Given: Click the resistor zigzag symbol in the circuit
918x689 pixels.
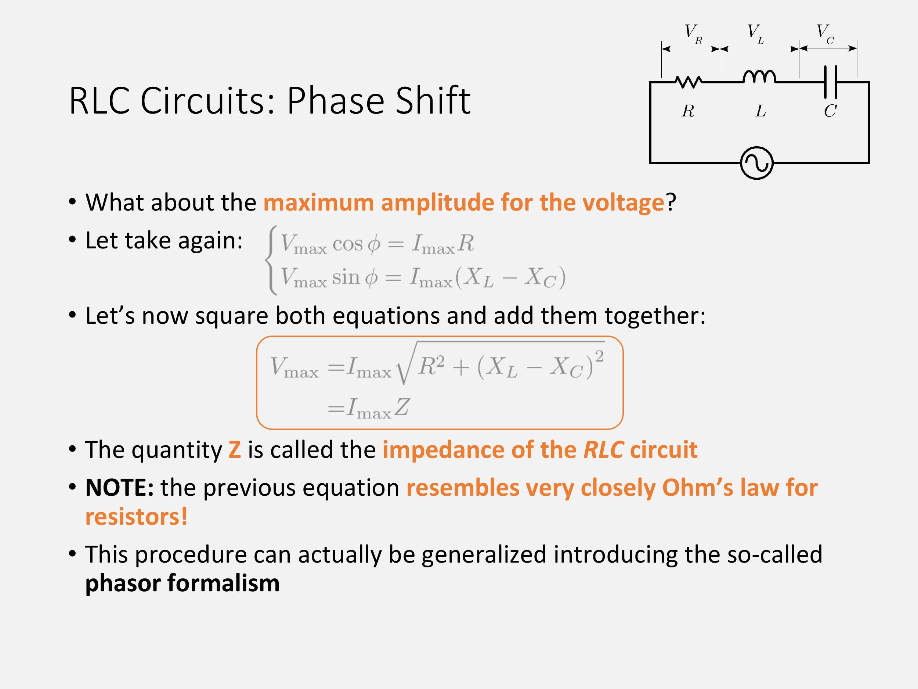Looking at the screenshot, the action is click(x=689, y=82).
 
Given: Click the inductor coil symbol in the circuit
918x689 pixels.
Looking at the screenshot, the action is click(x=759, y=76).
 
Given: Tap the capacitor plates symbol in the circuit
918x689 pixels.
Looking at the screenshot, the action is click(x=831, y=82).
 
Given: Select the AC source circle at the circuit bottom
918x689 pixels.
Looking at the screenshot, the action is click(x=757, y=163).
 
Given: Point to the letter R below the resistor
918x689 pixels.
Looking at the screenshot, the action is click(x=688, y=111).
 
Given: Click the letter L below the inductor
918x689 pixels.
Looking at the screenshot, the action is click(x=761, y=111).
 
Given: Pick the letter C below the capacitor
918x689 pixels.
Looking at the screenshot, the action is click(x=830, y=111).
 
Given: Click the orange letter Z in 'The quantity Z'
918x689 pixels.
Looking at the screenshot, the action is click(x=235, y=450).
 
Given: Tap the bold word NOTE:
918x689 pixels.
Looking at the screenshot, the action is click(x=119, y=488).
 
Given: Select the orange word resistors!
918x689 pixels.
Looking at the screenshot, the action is click(x=137, y=517).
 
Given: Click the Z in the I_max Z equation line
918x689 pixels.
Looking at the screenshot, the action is click(x=402, y=407).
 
